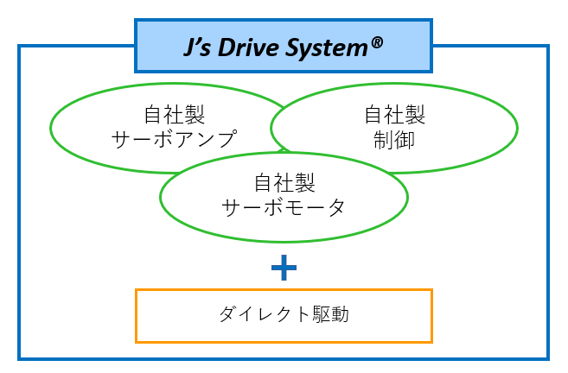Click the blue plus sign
point(284,269)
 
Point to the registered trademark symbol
point(377,41)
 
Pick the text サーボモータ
point(284,207)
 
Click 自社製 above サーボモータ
point(284,183)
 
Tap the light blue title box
point(156,47)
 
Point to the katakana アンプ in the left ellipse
point(207,138)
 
